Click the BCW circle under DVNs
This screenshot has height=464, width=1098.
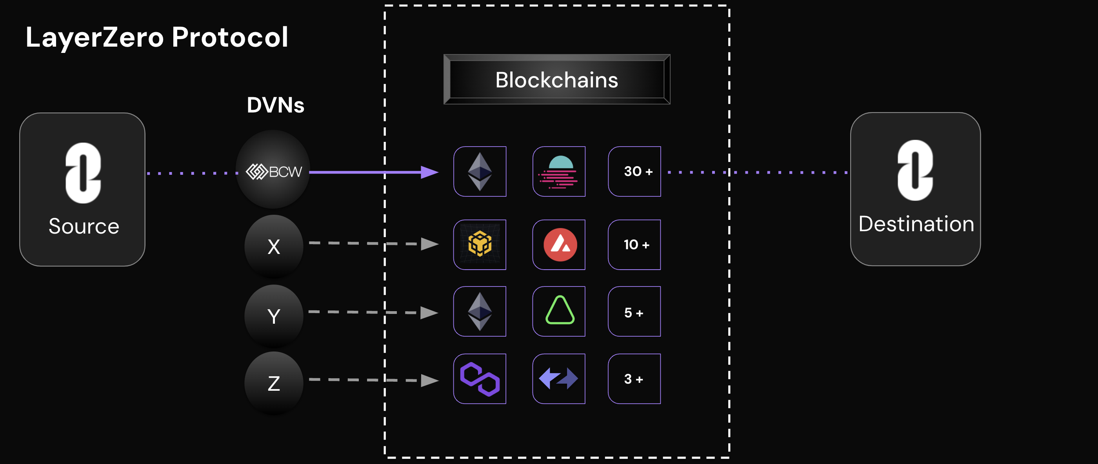coord(273,170)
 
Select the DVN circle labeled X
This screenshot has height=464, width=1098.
coord(274,246)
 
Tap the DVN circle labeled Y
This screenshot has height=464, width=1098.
coord(274,316)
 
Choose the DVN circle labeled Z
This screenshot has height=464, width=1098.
coord(274,383)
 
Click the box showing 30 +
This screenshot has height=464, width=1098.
coord(634,171)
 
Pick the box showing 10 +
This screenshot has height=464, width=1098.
coord(634,245)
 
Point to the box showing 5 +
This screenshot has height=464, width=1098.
coord(634,312)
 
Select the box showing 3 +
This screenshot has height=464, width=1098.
coord(634,379)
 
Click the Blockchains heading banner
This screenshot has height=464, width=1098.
coord(557,80)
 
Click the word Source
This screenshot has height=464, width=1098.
coord(84,226)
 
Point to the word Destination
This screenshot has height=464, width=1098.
coord(916,224)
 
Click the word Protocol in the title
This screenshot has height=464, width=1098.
coord(230,37)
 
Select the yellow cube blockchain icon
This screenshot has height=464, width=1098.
coord(480,245)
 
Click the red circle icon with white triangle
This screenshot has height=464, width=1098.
coord(560,245)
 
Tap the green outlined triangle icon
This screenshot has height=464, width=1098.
coord(560,311)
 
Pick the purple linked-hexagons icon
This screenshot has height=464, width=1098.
coord(480,379)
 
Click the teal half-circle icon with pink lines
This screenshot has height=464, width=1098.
coord(559,171)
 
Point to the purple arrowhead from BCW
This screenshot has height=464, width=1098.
coord(430,172)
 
